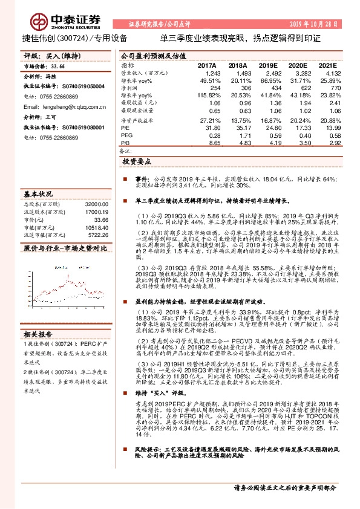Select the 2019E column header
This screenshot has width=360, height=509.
click(x=267, y=65)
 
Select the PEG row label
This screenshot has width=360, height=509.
click(x=126, y=137)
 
